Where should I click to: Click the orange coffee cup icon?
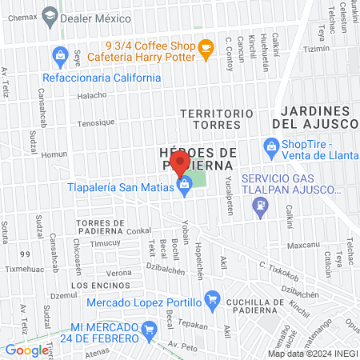pyautogui.click(x=206, y=48)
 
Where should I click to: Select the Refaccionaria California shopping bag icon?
pyautogui.click(x=58, y=55)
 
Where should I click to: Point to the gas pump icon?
pyautogui.click(x=259, y=206)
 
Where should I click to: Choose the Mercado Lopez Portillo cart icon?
pyautogui.click(x=212, y=301)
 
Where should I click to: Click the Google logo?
pyautogui.click(x=26, y=350)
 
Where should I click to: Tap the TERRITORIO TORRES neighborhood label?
pyautogui.click(x=210, y=120)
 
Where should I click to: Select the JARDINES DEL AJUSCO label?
pyautogui.click(x=314, y=118)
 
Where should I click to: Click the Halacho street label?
pyautogui.click(x=91, y=95)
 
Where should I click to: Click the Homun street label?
pyautogui.click(x=54, y=154)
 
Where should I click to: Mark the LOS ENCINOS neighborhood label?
pyautogui.click(x=90, y=285)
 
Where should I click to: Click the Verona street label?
pyautogui.click(x=119, y=273)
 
